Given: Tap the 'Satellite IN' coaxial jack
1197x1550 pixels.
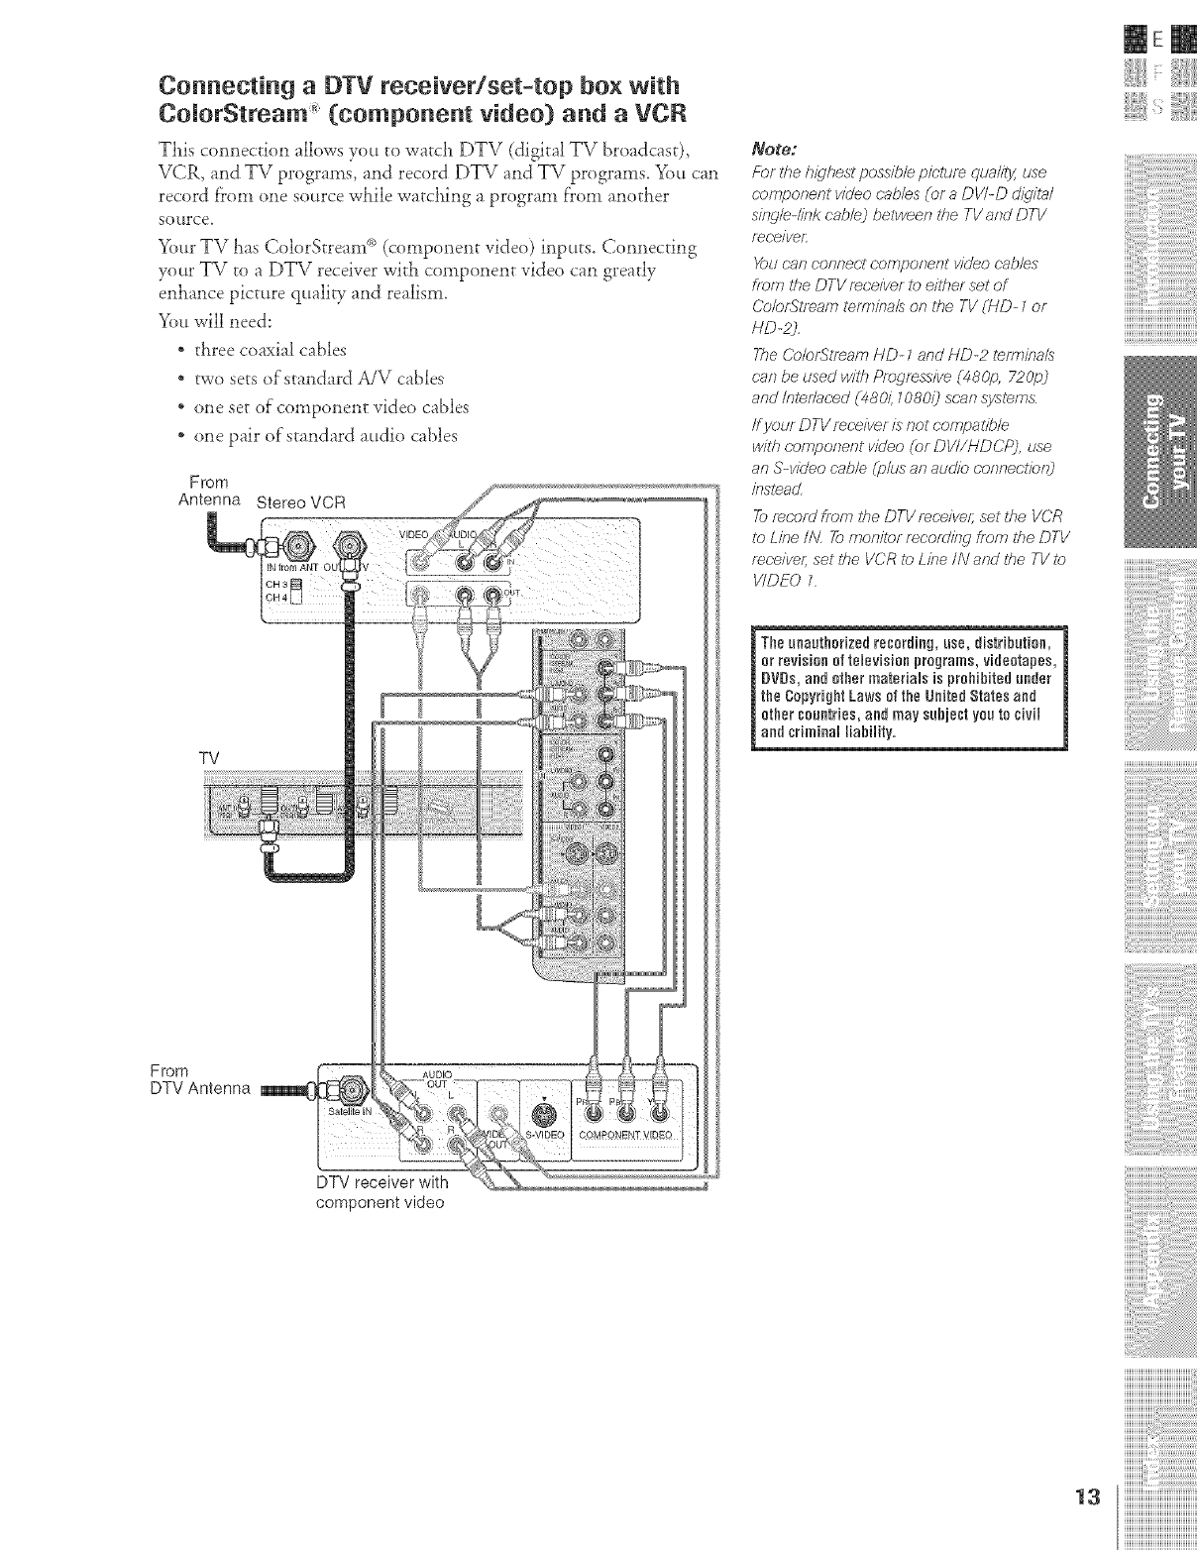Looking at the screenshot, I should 353,1097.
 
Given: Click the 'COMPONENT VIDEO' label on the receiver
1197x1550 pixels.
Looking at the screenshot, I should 624,1135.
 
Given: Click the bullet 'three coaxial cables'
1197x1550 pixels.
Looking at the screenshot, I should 271,349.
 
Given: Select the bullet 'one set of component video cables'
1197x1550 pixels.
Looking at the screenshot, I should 331,407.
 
